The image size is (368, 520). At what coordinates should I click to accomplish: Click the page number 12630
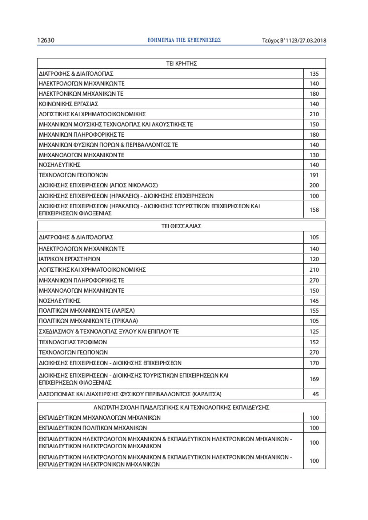click(46, 40)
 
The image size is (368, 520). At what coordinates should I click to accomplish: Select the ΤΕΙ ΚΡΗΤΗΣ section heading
click(181, 63)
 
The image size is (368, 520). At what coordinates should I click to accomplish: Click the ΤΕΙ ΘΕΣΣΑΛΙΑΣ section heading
click(181, 226)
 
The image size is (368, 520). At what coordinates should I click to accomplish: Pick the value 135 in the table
click(314, 74)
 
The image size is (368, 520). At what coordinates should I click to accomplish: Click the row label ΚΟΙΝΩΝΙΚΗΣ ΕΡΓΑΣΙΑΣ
click(68, 104)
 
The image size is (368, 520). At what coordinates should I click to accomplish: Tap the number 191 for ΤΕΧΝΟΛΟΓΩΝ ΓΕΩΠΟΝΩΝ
click(314, 175)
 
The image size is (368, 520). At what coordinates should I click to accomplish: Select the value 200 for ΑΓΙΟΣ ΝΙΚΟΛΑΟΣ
click(314, 185)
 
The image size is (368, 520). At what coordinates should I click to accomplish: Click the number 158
click(314, 210)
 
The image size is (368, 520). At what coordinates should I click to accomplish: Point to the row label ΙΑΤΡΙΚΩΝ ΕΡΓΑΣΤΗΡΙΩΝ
click(69, 259)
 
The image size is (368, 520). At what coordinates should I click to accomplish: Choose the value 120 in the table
click(314, 259)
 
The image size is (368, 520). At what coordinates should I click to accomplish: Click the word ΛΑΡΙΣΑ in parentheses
click(123, 310)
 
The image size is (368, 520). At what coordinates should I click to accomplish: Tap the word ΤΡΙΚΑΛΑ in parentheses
click(125, 320)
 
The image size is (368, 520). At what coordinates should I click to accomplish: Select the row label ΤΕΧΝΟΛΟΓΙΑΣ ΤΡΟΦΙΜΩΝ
click(73, 342)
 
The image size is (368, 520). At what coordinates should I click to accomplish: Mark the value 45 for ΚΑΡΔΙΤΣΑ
click(315, 394)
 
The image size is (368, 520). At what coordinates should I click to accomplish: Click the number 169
click(314, 379)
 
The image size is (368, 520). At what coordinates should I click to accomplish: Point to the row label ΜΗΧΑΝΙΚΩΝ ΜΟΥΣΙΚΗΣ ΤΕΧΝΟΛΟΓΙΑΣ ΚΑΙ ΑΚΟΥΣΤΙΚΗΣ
click(116, 124)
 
